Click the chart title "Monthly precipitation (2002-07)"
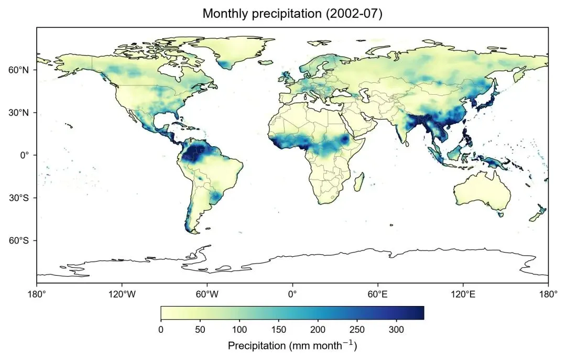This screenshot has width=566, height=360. pyautogui.click(x=292, y=13)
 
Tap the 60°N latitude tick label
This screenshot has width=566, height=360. pyautogui.click(x=18, y=70)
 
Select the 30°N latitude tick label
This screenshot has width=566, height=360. pyautogui.click(x=18, y=113)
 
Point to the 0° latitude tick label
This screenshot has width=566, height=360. pyautogui.click(x=24, y=155)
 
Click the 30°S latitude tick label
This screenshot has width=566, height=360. pyautogui.click(x=18, y=198)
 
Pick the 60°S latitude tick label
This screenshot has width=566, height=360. pyautogui.click(x=18, y=241)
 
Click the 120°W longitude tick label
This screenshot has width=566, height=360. pyautogui.click(x=122, y=294)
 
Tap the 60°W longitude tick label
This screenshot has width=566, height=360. pyautogui.click(x=207, y=294)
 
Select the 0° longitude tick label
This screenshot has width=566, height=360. pyautogui.click(x=292, y=294)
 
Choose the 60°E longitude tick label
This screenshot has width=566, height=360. pyautogui.click(x=377, y=294)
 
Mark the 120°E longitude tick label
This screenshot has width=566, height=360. pyautogui.click(x=463, y=294)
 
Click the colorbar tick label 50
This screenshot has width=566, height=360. pyautogui.click(x=200, y=329)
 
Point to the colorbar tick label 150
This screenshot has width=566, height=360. pyautogui.click(x=279, y=329)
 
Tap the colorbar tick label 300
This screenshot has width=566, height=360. pyautogui.click(x=396, y=329)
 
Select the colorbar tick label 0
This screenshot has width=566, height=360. pyautogui.click(x=161, y=329)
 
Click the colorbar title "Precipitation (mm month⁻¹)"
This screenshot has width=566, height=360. pyautogui.click(x=292, y=345)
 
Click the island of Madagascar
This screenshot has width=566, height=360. pyautogui.click(x=359, y=182)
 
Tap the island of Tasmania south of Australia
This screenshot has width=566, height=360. pyautogui.click(x=500, y=214)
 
